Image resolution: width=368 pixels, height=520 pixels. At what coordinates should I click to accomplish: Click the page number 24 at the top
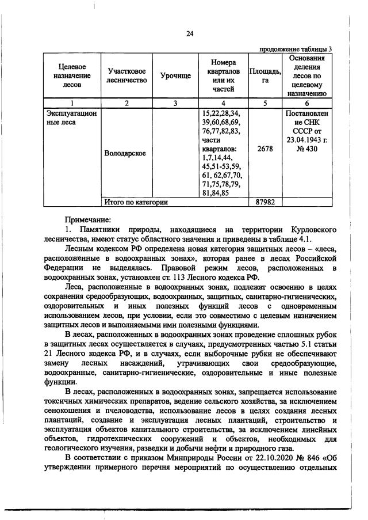click(x=189, y=34)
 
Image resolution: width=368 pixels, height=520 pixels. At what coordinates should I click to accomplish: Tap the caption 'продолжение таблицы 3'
click(x=296, y=49)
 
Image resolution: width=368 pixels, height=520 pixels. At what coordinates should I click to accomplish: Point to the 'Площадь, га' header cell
click(x=265, y=76)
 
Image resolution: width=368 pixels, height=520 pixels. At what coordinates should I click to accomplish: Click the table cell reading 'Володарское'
click(x=125, y=154)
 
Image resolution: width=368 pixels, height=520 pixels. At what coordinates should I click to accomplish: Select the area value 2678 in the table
click(x=265, y=149)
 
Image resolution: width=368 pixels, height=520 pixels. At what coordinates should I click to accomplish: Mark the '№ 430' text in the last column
click(x=306, y=149)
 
